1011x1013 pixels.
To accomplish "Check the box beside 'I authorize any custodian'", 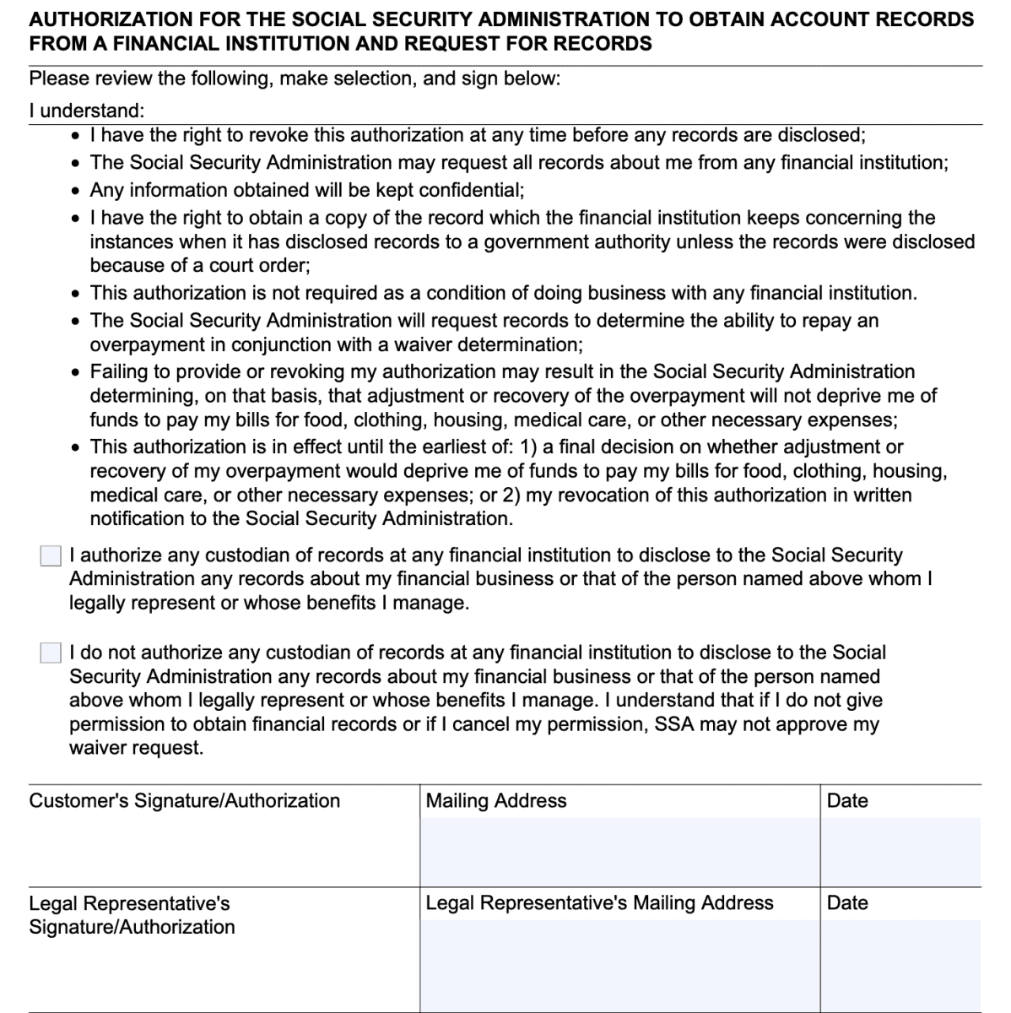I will click(x=51, y=555).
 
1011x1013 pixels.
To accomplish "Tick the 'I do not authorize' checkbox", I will click(x=51, y=653).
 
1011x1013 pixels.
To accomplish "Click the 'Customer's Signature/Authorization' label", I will click(x=184, y=801).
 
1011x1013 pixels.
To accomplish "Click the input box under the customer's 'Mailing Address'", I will click(x=619, y=852).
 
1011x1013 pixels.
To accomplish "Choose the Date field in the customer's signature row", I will click(x=900, y=852).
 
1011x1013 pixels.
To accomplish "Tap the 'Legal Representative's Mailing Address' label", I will click(x=599, y=903).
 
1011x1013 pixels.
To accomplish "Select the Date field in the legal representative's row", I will click(x=900, y=962).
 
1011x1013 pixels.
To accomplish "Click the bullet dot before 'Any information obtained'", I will click(x=77, y=190).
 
